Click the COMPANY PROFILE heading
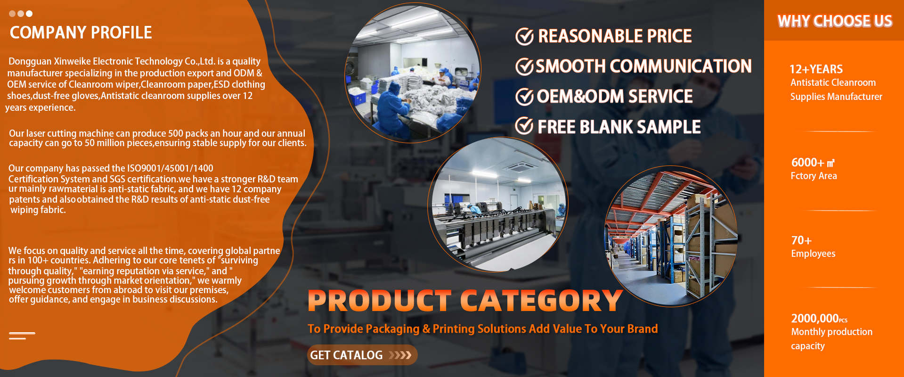pos(81,33)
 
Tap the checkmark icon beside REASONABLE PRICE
pos(524,36)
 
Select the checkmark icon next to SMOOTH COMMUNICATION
pos(524,66)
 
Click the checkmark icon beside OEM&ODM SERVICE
pos(524,97)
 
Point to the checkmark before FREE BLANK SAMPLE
pos(524,126)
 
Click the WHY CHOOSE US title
pos(835,21)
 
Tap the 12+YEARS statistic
pos(816,69)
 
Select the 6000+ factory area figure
pos(813,163)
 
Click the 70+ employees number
pos(801,240)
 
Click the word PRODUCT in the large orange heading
pos(380,301)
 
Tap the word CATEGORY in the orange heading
pos(541,301)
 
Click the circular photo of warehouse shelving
pos(671,236)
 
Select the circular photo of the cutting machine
pos(498,205)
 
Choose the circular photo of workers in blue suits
pos(413,73)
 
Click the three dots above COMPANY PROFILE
pos(21,14)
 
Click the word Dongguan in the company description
pos(30,62)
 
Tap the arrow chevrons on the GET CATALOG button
pos(400,355)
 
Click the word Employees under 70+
pos(813,254)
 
